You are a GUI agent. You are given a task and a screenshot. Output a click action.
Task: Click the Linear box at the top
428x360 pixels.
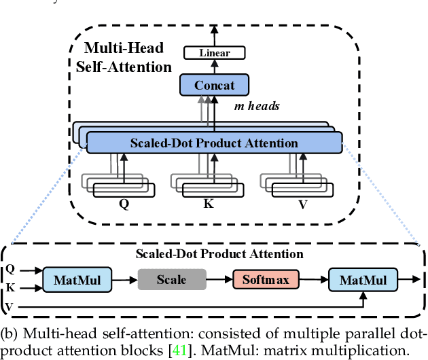(x=214, y=52)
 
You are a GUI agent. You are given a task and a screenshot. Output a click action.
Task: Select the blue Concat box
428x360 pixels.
(x=214, y=86)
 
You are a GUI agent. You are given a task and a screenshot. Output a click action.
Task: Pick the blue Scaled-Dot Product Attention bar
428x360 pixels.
(x=215, y=143)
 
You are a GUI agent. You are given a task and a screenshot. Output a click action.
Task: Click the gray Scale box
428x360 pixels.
(x=171, y=279)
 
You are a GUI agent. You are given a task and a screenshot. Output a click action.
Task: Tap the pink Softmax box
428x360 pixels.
(x=266, y=279)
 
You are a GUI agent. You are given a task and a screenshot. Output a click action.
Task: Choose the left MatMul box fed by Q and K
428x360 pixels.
(x=77, y=279)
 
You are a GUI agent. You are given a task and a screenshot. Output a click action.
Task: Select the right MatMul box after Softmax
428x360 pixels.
(x=363, y=279)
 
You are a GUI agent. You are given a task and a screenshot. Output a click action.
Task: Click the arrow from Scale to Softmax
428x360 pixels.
(x=218, y=279)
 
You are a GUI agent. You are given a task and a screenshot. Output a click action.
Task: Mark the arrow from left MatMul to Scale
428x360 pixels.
(x=124, y=279)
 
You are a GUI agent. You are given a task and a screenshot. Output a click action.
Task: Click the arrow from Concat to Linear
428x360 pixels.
(x=214, y=67)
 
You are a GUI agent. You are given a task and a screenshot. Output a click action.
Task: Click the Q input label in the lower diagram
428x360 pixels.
(x=10, y=270)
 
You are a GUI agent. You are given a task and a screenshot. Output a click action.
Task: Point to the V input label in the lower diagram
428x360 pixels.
(x=10, y=306)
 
